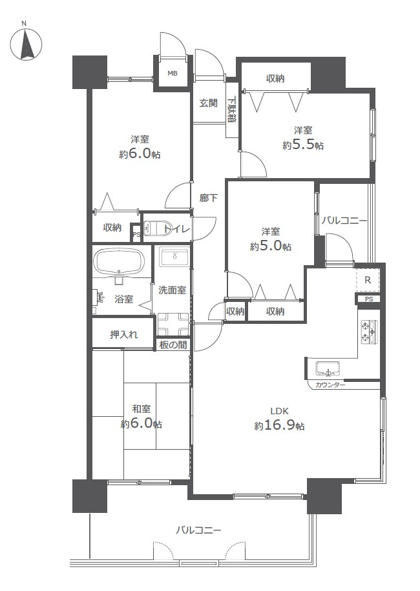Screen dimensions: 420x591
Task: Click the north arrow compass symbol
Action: coord(26,45)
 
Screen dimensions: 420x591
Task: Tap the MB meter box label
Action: coord(173,73)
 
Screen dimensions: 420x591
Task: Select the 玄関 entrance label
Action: coord(208,103)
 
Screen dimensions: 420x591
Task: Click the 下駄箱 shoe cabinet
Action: coord(232,110)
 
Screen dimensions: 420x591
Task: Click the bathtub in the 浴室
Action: coord(119,261)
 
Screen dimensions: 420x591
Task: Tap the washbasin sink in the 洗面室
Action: coord(174,257)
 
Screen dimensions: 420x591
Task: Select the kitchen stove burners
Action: coord(369,332)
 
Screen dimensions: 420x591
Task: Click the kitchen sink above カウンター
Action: coord(327,368)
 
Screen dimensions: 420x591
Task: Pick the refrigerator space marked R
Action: coord(368,280)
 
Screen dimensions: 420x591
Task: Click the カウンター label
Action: coord(330,385)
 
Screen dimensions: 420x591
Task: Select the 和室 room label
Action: coord(141,408)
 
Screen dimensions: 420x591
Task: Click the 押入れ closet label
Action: coord(124,334)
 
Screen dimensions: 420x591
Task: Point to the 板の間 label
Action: coord(173,345)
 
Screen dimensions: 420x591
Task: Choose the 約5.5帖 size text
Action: coord(303,145)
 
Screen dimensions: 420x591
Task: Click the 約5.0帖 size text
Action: coord(271,246)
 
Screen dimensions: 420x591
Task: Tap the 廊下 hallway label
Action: coord(209,197)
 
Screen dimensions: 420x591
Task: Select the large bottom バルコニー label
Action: coord(198,530)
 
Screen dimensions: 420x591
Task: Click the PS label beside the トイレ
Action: coord(136,234)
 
